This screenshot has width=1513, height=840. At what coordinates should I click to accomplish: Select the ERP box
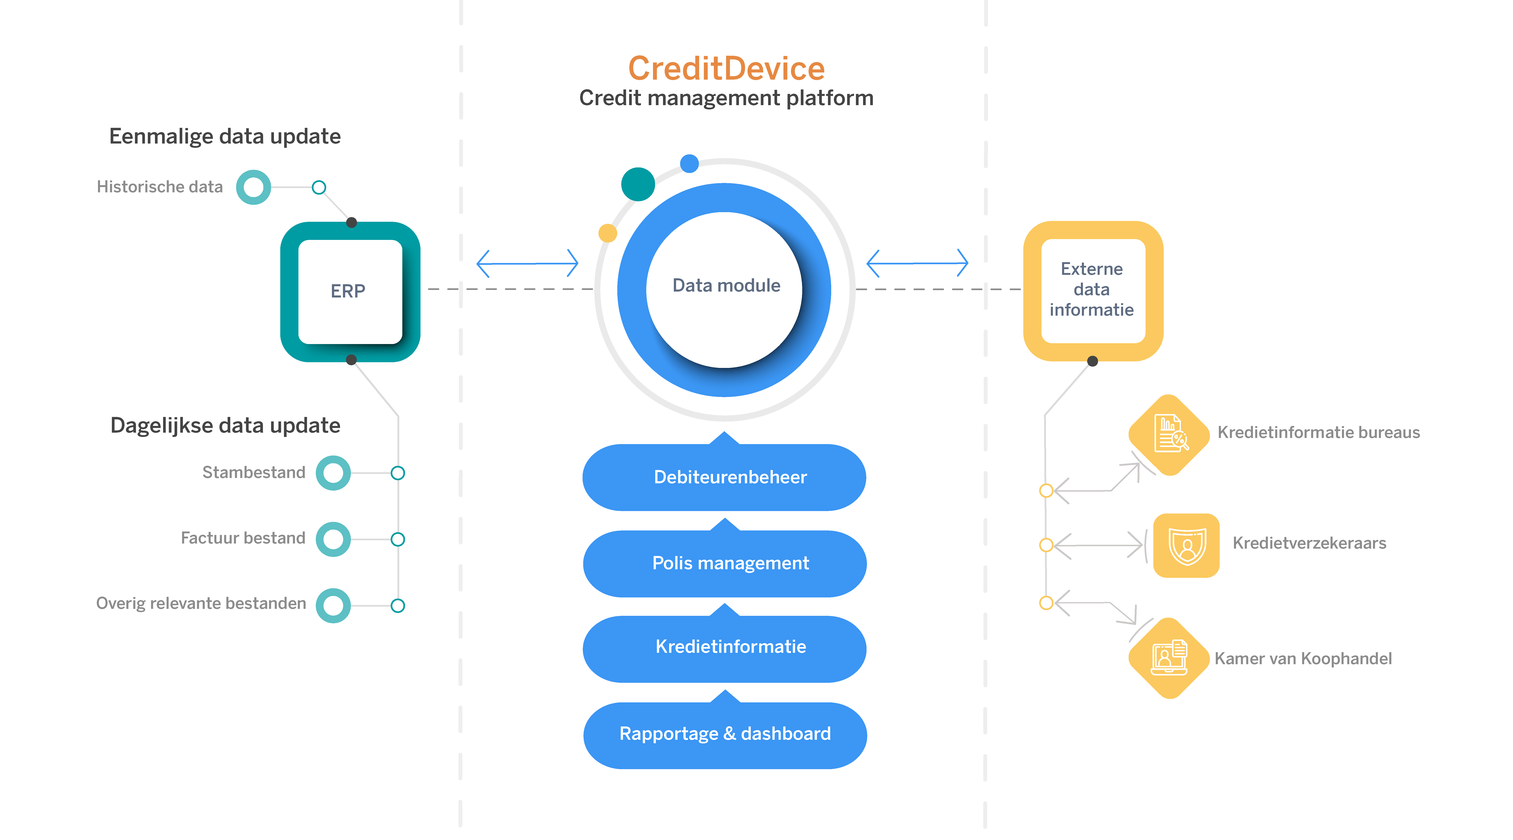pyautogui.click(x=350, y=291)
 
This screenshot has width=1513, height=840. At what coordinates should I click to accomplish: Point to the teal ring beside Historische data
pyautogui.click(x=254, y=187)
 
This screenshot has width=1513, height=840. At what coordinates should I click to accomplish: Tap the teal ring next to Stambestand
pyautogui.click(x=333, y=473)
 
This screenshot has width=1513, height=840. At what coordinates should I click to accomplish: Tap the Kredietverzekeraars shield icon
pyautogui.click(x=1186, y=545)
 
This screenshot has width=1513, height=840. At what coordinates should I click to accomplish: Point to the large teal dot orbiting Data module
pyautogui.click(x=638, y=184)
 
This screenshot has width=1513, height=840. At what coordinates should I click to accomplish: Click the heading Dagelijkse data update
pyautogui.click(x=225, y=425)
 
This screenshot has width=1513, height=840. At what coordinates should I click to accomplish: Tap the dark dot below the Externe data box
pyautogui.click(x=1092, y=361)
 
